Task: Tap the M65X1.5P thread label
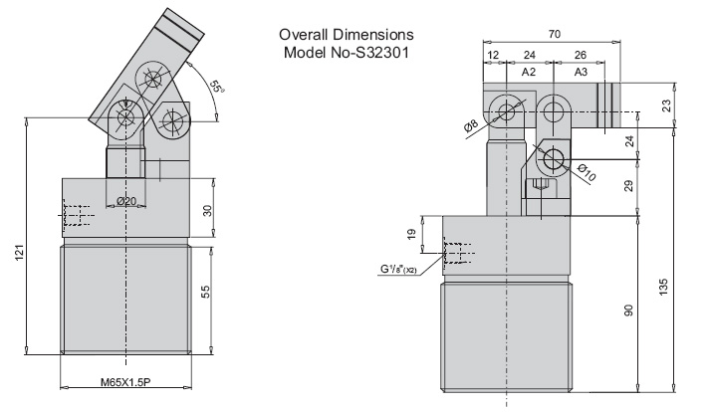125,382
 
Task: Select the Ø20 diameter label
126,201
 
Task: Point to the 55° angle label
217,87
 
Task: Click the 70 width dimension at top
554,34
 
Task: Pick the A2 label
529,72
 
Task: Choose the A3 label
582,72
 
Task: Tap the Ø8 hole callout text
471,125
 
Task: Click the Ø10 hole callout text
587,173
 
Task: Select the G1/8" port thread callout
398,270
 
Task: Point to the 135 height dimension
663,287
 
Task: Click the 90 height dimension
628,310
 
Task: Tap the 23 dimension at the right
666,105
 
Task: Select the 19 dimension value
411,235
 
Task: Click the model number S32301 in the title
383,53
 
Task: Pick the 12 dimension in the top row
494,55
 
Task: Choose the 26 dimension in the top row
581,55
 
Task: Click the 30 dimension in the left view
207,211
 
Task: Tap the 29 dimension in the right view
628,186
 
